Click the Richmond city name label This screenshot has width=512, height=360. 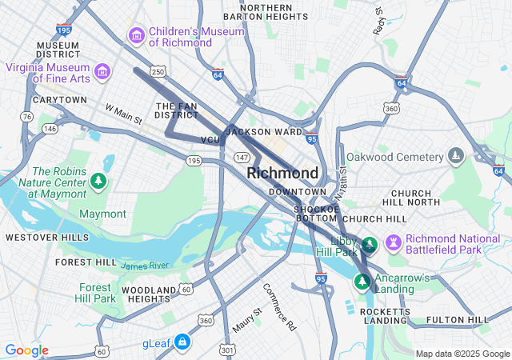click(x=282, y=173)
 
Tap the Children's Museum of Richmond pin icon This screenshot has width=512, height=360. click(x=136, y=36)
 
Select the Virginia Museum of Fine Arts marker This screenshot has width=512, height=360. click(x=102, y=73)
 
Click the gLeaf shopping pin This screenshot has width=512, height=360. click(x=182, y=342)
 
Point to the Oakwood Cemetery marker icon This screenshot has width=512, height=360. click(x=456, y=155)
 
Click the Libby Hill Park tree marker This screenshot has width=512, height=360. click(x=370, y=244)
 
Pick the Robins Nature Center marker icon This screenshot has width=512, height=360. click(x=98, y=182)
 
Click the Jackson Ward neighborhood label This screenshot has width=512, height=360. click(x=263, y=131)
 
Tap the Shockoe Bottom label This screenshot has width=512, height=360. click(x=316, y=212)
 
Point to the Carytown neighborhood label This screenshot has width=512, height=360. click(x=59, y=100)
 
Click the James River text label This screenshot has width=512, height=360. click(x=145, y=266)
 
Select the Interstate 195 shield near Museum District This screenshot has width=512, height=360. click(x=64, y=30)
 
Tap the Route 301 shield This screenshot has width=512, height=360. click(x=228, y=350)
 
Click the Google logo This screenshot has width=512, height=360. click(x=26, y=350)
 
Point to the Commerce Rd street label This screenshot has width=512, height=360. click(x=279, y=306)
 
